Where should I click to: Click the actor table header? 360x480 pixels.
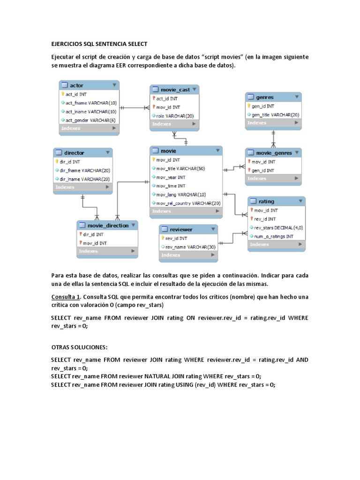pyautogui.click(x=89, y=85)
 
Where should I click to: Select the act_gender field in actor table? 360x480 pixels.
pyautogui.click(x=91, y=120)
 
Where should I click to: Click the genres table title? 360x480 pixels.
pyautogui.click(x=273, y=97)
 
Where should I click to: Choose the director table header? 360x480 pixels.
pyautogui.click(x=82, y=153)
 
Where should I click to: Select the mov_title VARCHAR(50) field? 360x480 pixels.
pyautogui.click(x=180, y=168)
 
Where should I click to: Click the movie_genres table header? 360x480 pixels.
pyautogui.click(x=273, y=153)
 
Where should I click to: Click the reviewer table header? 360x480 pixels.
pyautogui.click(x=188, y=229)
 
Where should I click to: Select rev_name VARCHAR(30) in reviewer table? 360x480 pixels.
pyautogui.click(x=190, y=247)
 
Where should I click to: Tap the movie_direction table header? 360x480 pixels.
pyautogui.click(x=107, y=225)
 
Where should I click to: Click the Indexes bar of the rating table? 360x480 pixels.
pyautogui.click(x=276, y=245)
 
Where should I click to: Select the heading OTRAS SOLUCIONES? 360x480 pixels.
pyautogui.click(x=79, y=347)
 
